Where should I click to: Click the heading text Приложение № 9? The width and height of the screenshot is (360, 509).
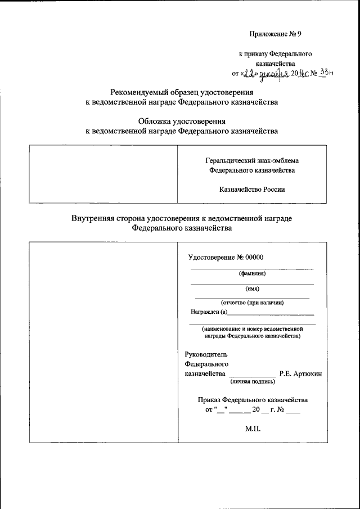[276, 34]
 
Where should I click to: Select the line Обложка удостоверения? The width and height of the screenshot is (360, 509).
[181, 121]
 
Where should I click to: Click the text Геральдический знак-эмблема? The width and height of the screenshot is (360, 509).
[251, 160]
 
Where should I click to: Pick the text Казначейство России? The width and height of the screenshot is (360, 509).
[251, 190]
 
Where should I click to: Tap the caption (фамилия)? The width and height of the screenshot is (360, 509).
[251, 274]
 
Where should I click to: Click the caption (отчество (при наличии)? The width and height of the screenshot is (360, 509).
[252, 303]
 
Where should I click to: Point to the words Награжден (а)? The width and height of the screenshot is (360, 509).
[208, 312]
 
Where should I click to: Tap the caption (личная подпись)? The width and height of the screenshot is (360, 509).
[251, 382]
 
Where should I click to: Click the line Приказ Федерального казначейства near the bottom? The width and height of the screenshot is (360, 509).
[253, 400]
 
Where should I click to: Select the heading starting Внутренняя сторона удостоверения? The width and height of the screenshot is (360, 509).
[181, 219]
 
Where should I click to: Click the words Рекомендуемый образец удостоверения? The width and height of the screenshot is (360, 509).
[181, 93]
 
